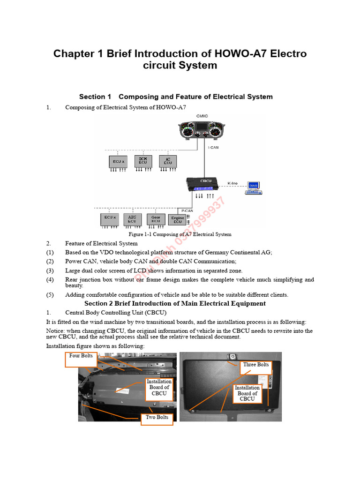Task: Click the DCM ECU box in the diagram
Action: click(143, 161)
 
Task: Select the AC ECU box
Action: click(167, 161)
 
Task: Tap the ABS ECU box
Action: click(132, 219)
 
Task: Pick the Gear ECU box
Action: click(156, 219)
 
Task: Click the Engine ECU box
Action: click(178, 219)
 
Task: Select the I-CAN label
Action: click(213, 147)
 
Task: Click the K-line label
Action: click(232, 183)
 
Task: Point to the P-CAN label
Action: click(187, 211)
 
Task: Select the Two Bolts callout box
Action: click(157, 418)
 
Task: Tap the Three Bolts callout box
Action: click(256, 365)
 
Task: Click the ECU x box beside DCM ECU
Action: click(118, 161)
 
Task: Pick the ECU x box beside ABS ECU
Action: click(109, 219)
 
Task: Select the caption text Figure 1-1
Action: click(142, 234)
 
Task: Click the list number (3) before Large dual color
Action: click(50, 270)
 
